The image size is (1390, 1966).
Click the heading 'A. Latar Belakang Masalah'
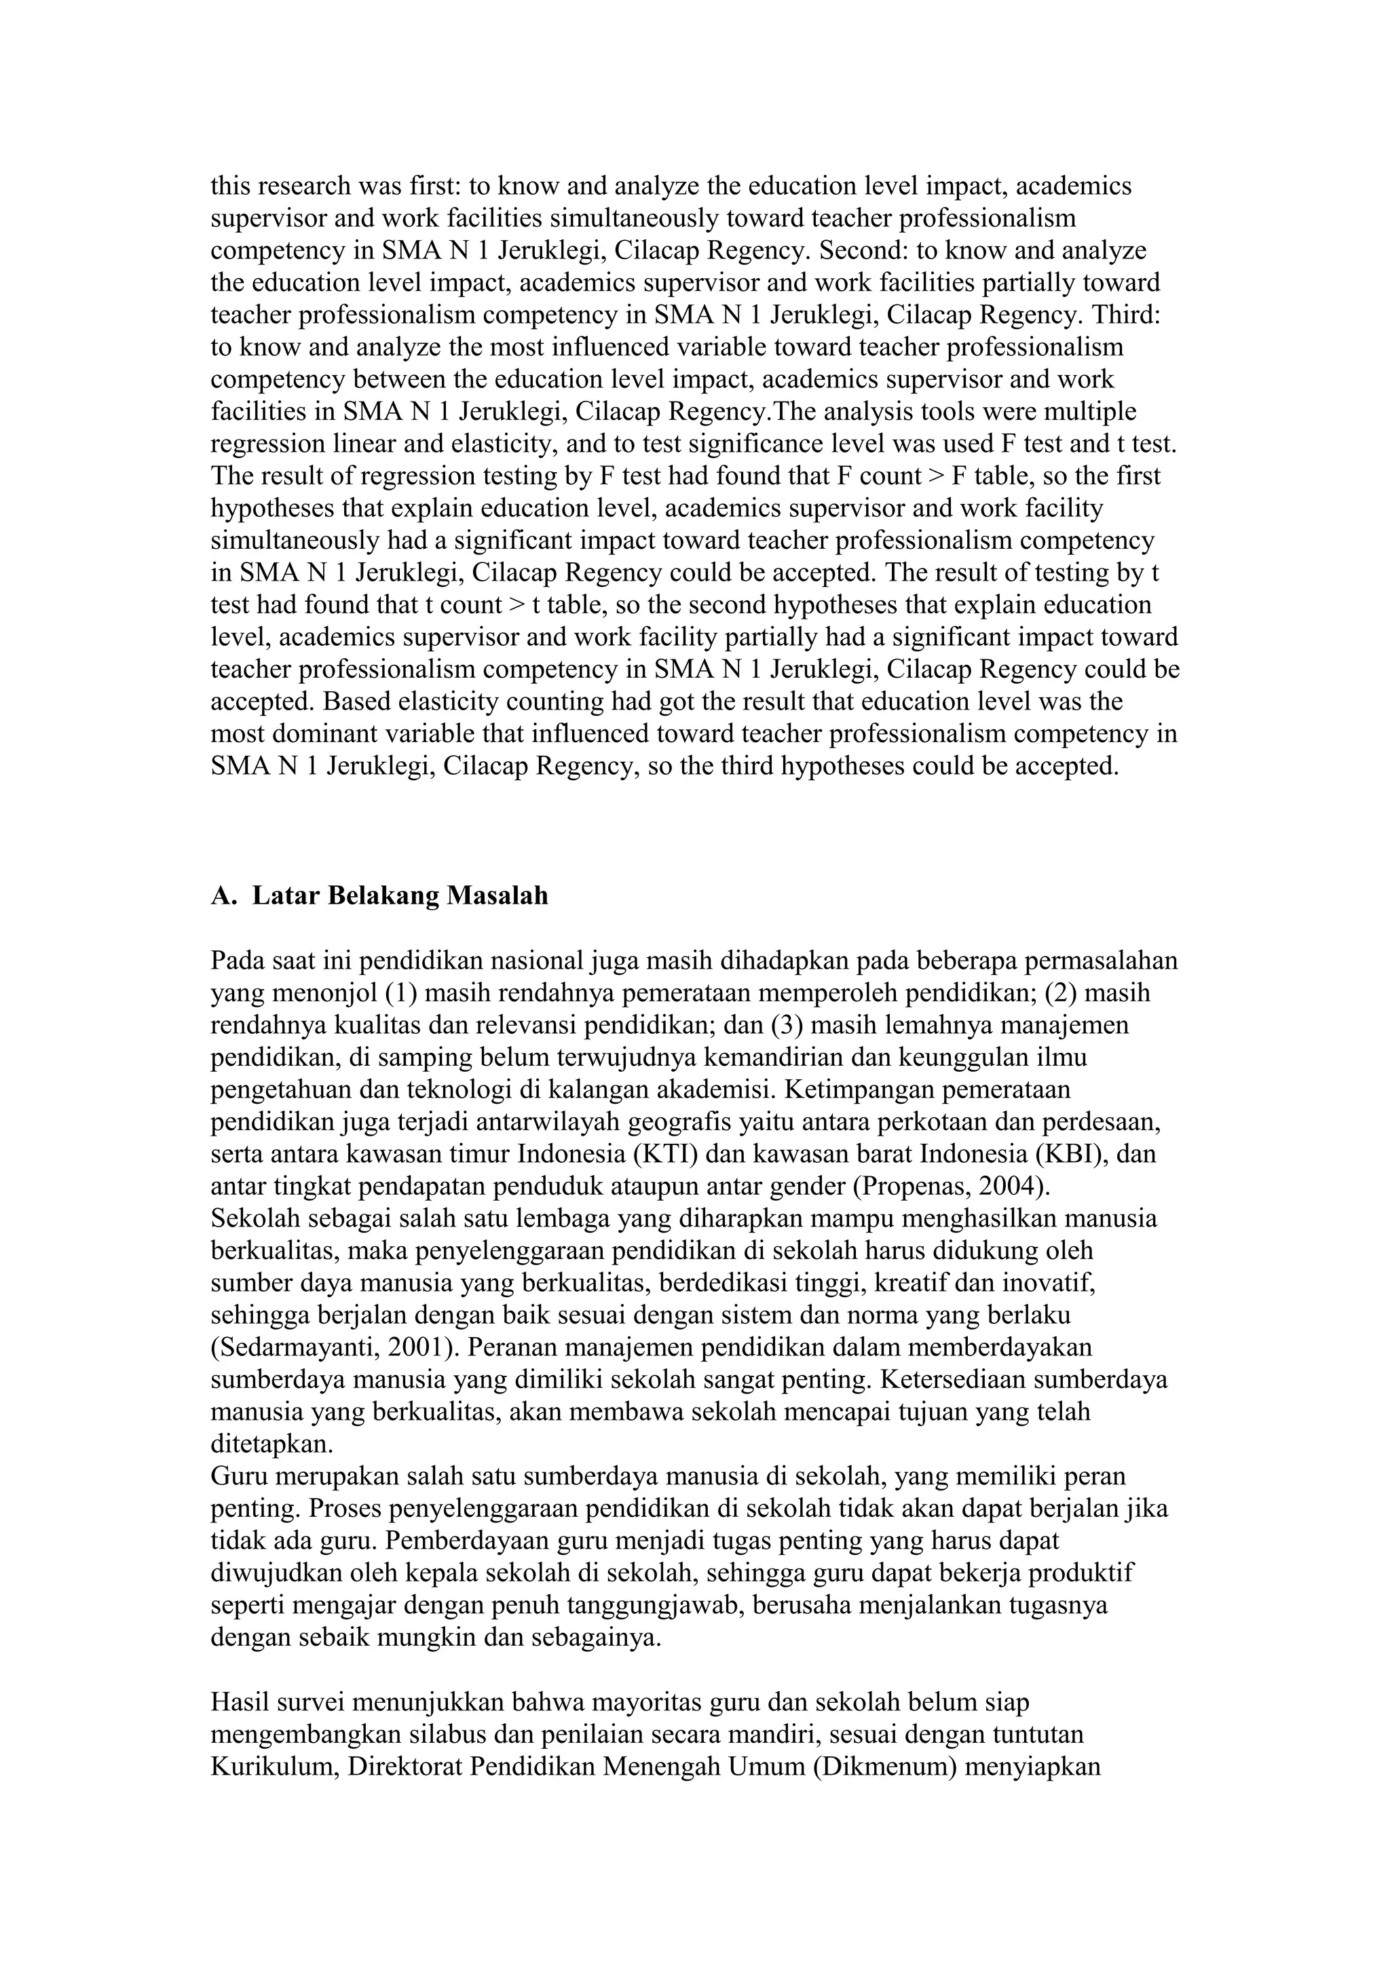pyautogui.click(x=379, y=895)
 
